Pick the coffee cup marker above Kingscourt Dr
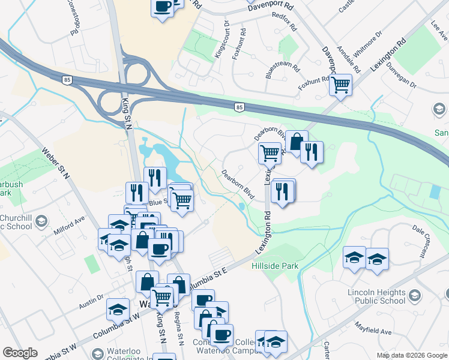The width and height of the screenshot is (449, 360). click(x=162, y=7)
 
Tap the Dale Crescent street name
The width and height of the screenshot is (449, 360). click(x=427, y=232)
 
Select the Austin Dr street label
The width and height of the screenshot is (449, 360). click(x=91, y=302)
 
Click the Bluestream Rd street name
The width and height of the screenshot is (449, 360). click(x=282, y=69)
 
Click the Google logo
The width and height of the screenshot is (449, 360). click(x=20, y=353)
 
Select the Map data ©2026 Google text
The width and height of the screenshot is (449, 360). click(x=412, y=355)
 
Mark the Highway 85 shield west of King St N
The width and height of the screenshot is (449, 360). click(x=67, y=79)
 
